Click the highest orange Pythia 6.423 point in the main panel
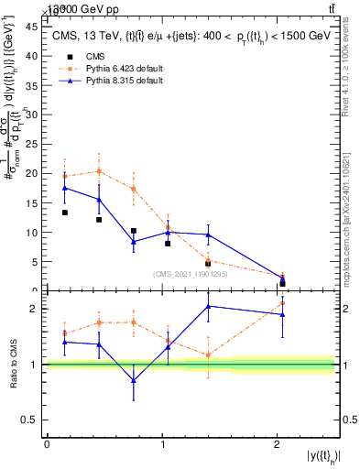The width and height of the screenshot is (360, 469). coord(99,171)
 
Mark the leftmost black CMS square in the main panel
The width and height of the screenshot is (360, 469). coord(64,213)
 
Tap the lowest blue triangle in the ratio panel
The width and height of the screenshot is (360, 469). coord(134,380)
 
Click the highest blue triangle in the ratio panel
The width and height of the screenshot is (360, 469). coord(209,306)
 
